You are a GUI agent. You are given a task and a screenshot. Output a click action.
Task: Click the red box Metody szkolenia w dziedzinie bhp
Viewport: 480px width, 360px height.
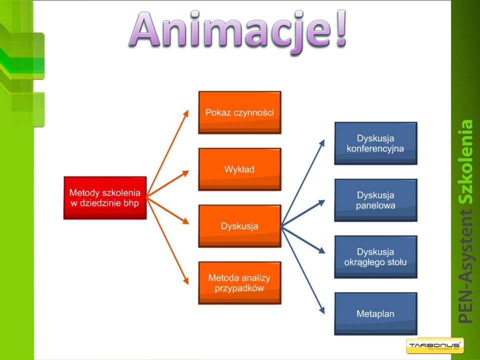pos(105,198)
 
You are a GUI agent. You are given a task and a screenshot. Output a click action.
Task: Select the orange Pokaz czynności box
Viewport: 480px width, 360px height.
pos(239,112)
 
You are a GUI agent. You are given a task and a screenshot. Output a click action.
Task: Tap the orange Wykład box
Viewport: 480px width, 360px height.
pos(239,169)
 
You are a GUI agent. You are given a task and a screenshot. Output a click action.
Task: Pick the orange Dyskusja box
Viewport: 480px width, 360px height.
pos(239,226)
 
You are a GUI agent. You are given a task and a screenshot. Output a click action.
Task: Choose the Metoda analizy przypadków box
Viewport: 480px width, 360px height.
pos(239,283)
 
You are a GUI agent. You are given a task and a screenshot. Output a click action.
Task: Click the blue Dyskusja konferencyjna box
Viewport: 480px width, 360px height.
pos(375,143)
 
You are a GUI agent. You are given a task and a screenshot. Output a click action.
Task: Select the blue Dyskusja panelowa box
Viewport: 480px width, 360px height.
pos(375,200)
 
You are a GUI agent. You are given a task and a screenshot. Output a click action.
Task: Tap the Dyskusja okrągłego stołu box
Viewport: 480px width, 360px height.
pos(375,257)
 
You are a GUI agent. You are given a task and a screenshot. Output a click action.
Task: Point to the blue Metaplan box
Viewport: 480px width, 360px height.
pos(375,314)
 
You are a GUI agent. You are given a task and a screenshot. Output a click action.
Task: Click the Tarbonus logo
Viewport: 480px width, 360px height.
pos(434,346)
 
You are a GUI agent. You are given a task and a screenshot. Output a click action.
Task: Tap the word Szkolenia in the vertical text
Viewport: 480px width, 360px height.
pos(466,161)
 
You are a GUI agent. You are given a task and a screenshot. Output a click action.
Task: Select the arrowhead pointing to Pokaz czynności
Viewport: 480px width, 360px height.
pos(186,113)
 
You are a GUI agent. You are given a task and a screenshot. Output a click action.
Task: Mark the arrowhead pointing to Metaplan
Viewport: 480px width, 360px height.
pos(321,310)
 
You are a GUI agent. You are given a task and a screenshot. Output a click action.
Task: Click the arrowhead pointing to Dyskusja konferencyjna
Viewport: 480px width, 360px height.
pos(321,142)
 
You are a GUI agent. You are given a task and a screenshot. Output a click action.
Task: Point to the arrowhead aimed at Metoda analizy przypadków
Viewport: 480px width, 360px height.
pos(186,281)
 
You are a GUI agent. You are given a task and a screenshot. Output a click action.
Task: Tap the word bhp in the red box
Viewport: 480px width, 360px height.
pos(131,203)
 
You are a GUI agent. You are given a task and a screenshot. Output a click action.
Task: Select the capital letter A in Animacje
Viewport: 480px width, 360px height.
pos(145,29)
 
